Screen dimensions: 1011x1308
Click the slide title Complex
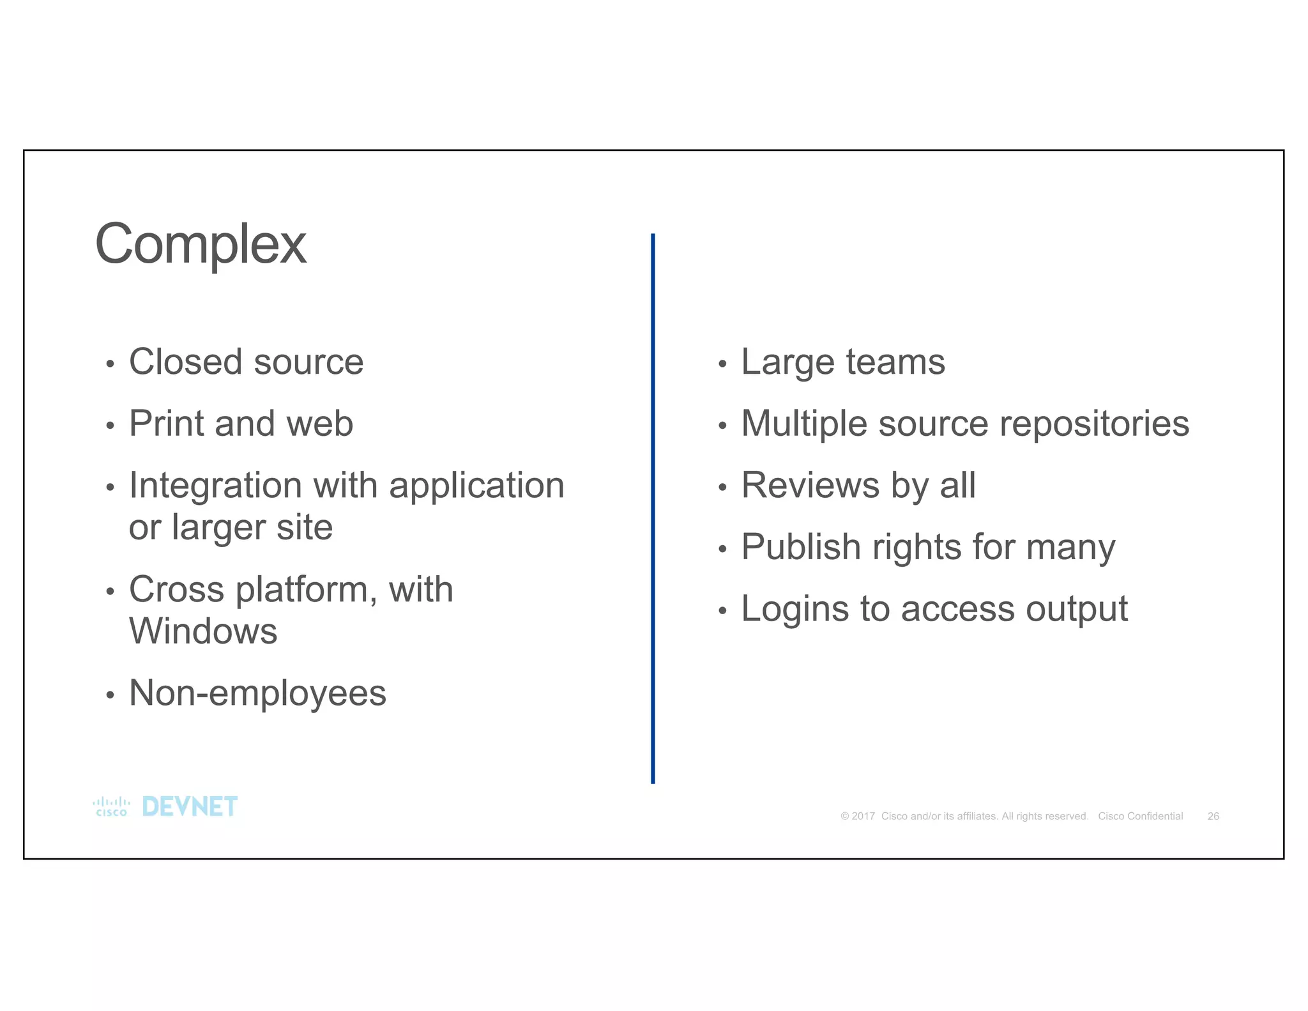pyautogui.click(x=201, y=245)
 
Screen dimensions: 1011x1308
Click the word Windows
pyautogui.click(x=203, y=631)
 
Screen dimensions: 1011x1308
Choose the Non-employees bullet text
pyautogui.click(x=257, y=693)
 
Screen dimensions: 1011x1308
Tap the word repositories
pyautogui.click(x=1094, y=424)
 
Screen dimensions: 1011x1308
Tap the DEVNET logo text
pyautogui.click(x=190, y=807)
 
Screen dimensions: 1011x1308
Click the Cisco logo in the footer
pyautogui.click(x=111, y=807)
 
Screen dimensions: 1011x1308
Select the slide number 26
pyautogui.click(x=1213, y=816)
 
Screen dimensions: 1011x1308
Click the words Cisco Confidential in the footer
pyautogui.click(x=1140, y=816)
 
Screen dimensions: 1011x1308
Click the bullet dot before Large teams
pyautogui.click(x=722, y=364)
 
